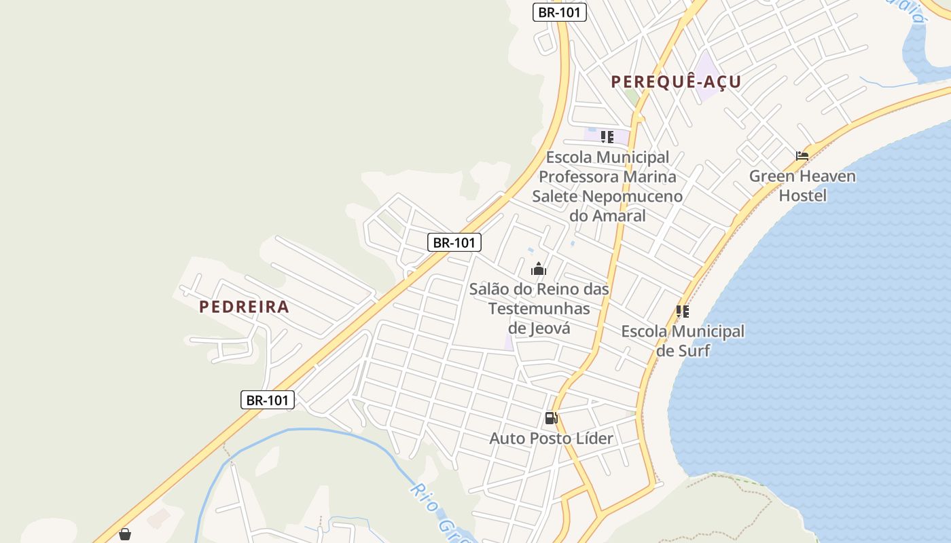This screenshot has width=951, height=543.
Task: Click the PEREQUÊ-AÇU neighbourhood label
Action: coord(676,82)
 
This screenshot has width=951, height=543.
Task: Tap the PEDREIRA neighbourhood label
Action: coord(244,307)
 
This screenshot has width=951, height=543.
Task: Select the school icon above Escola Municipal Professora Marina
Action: coord(607,137)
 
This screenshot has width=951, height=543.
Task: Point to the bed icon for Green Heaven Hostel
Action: coord(802,155)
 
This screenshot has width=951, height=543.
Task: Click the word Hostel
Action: coord(802,196)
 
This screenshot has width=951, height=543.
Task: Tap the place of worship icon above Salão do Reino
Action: coord(539,269)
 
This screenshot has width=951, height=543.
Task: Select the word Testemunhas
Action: coord(539,309)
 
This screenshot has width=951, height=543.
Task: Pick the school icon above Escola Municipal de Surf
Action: coord(683,312)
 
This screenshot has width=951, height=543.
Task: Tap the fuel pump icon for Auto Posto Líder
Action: coord(551,418)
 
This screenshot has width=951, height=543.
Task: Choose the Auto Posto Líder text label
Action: coord(551,438)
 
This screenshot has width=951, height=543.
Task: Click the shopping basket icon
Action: coord(125,534)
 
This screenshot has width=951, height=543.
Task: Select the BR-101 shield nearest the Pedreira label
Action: coord(268,400)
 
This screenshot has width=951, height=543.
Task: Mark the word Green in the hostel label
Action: coord(773,176)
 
